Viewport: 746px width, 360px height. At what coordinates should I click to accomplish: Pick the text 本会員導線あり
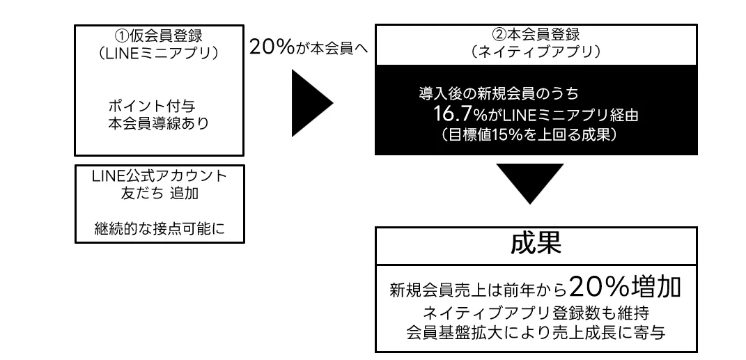(x=155, y=123)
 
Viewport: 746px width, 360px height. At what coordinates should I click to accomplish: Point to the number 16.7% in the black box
(x=458, y=114)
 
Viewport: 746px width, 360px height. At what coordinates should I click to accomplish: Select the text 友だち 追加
(x=160, y=194)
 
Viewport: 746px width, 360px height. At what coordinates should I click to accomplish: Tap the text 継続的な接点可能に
(x=160, y=228)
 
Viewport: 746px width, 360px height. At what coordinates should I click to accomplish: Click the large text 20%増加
(x=623, y=287)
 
